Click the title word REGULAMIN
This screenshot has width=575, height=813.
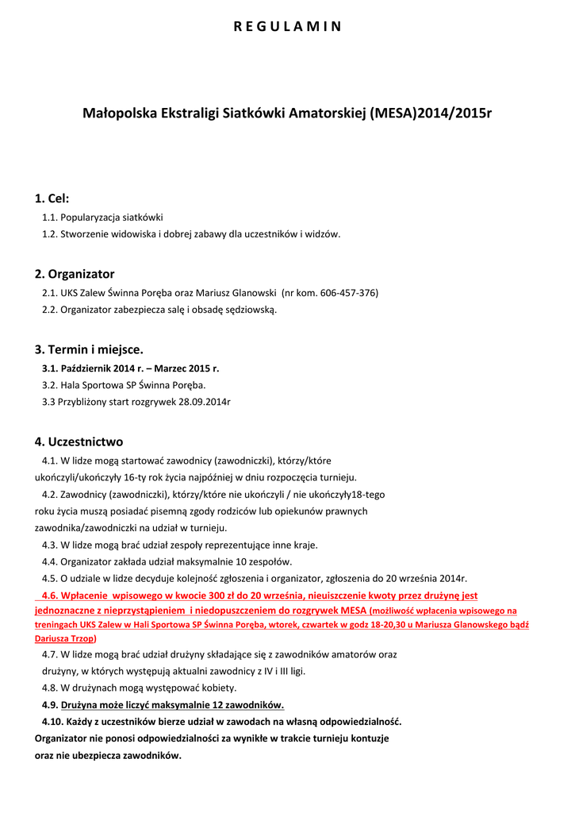pos(287,26)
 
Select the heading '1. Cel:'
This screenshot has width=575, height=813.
pos(52,198)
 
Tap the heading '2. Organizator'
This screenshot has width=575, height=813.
pos(75,274)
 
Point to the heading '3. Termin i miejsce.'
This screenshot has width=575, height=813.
pos(89,349)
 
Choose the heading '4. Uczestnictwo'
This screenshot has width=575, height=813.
pos(79,441)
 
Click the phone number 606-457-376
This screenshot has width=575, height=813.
pos(349,293)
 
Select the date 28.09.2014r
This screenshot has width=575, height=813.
pos(205,402)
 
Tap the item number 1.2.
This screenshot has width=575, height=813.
pos(50,234)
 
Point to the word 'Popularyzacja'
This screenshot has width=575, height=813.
pos(90,218)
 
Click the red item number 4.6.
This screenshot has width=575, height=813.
pos(51,595)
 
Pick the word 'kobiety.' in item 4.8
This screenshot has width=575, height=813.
pos(218,688)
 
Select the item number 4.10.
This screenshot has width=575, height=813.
pos(53,722)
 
